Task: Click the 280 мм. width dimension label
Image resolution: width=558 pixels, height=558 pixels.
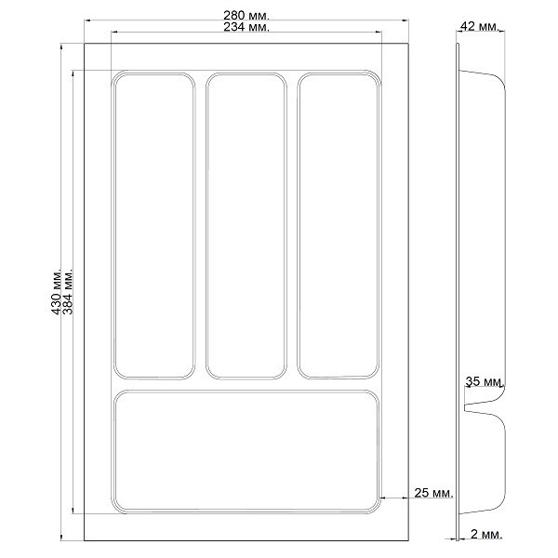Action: (x=246, y=15)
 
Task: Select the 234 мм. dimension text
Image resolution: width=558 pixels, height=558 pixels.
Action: (x=246, y=27)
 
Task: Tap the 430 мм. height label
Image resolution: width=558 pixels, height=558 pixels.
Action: (x=57, y=291)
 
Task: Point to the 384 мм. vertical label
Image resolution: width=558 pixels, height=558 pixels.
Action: (x=68, y=291)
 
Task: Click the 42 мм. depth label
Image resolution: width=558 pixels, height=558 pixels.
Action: (x=480, y=26)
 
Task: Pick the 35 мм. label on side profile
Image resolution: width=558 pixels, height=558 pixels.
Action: (x=485, y=381)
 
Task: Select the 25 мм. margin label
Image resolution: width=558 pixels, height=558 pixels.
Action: (x=434, y=493)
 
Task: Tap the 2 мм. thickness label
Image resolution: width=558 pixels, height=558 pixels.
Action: (x=486, y=534)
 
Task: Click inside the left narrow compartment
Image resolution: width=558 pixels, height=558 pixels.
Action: (x=154, y=226)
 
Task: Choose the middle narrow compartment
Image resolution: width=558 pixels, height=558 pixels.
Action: (x=246, y=226)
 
